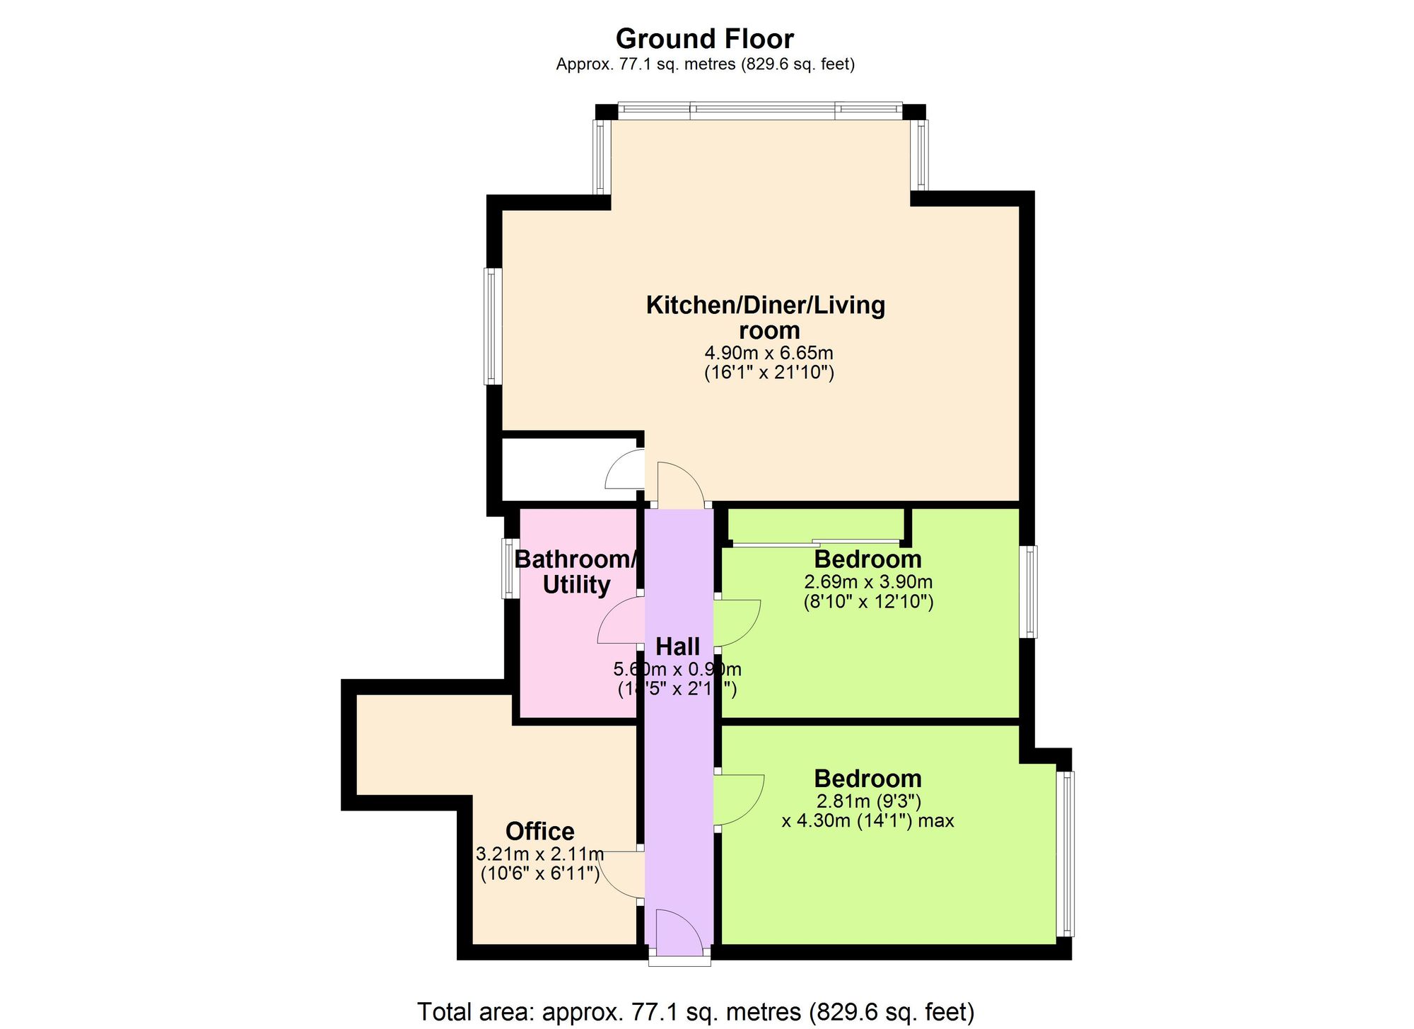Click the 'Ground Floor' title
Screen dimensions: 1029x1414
pyautogui.click(x=704, y=38)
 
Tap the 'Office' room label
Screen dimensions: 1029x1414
pyautogui.click(x=539, y=831)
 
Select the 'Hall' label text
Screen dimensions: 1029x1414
pyautogui.click(x=677, y=646)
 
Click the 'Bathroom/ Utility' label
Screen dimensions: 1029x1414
pyautogui.click(x=576, y=572)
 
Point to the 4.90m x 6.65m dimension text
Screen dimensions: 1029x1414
pyautogui.click(x=769, y=352)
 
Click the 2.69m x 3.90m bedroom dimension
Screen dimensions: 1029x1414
pyautogui.click(x=868, y=582)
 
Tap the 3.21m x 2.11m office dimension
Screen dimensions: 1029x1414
pyautogui.click(x=539, y=854)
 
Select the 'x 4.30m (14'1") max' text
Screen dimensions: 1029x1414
pyautogui.click(x=867, y=821)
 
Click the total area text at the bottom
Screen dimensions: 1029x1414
pyautogui.click(x=696, y=1011)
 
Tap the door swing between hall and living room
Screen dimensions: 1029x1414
pyautogui.click(x=679, y=484)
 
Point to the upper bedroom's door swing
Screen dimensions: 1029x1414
pyautogui.click(x=737, y=623)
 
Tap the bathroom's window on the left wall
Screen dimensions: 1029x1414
pyautogui.click(x=510, y=569)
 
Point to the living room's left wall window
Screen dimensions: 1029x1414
pyautogui.click(x=493, y=326)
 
